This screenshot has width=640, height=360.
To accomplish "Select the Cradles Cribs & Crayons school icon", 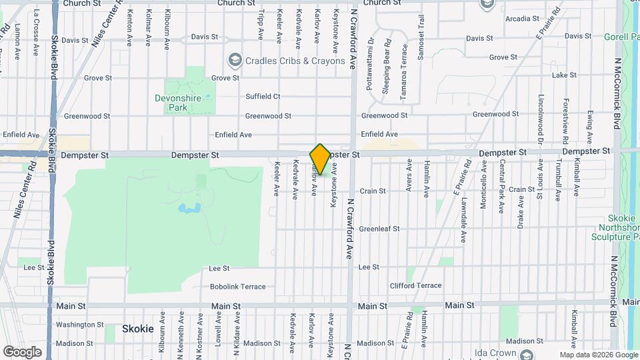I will click(234, 61).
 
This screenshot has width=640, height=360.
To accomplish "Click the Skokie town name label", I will click(138, 329).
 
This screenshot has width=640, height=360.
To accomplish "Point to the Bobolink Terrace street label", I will click(237, 287).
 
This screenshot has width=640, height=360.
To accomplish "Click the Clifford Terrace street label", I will click(415, 285).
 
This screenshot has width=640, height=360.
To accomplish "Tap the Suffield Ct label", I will click(263, 96).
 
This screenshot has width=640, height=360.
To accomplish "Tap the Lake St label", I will click(564, 75).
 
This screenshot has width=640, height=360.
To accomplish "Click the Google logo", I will click(23, 351).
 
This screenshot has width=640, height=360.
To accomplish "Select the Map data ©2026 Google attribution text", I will click(598, 355).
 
